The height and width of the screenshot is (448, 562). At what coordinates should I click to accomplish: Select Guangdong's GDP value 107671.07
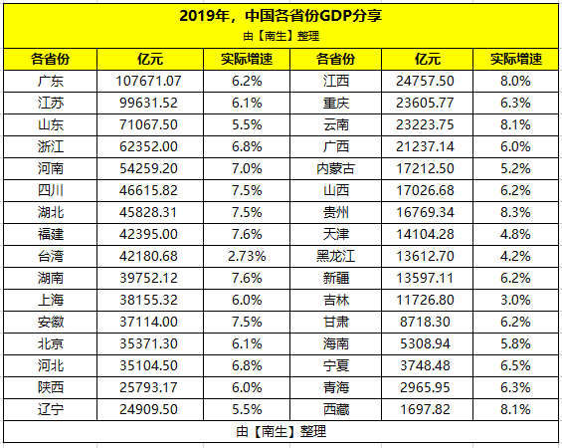tap(149, 81)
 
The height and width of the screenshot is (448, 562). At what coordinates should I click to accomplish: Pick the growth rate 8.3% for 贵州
tap(516, 211)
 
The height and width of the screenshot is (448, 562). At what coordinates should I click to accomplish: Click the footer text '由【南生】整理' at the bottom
tap(281, 431)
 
